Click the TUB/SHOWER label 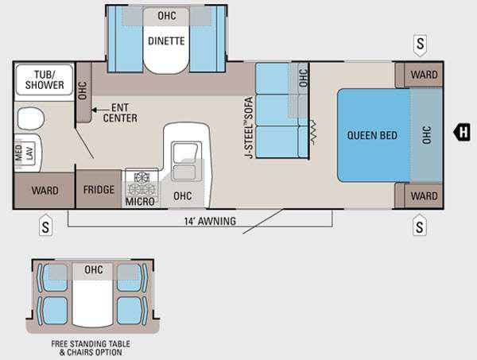[x=45, y=80]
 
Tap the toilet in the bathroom [x=31, y=118]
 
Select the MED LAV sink [x=28, y=153]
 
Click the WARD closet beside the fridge [x=45, y=191]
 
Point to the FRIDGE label [x=99, y=190]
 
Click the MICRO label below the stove [x=140, y=201]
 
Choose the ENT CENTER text [x=120, y=113]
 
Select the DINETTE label [x=166, y=41]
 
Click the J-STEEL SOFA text [x=249, y=127]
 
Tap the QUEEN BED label [x=372, y=135]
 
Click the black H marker [x=462, y=132]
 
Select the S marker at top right [x=420, y=45]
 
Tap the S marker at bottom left [x=45, y=226]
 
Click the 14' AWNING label [x=210, y=221]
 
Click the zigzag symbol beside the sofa [x=313, y=133]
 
